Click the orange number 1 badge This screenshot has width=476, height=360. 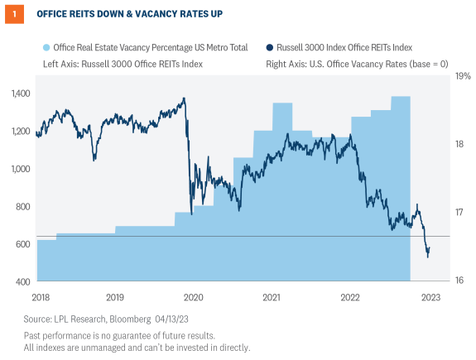coord(12,14)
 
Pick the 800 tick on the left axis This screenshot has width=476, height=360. coord(22,207)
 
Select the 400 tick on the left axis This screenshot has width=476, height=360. coord(22,282)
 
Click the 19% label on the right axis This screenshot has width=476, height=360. coord(459,76)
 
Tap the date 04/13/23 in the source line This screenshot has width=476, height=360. coord(190,319)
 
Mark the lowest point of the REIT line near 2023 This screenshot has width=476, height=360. coord(427,257)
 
